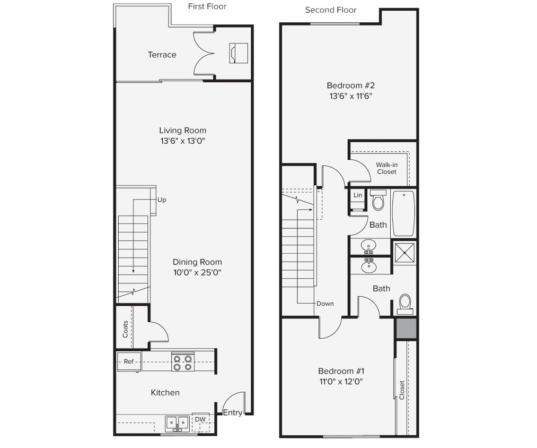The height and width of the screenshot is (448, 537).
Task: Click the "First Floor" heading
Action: pos(207,6)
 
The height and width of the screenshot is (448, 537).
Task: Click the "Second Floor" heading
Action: pos(330,10)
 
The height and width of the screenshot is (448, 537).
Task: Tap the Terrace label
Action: pos(162,55)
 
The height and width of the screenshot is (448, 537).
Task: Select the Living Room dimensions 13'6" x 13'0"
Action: pos(183,141)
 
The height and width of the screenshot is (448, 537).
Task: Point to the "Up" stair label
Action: pos(162,200)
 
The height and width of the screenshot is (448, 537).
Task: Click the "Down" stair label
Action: pos(325,304)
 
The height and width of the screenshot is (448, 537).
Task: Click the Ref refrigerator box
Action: pos(129,361)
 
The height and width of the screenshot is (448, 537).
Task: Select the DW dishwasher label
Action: pos(200,419)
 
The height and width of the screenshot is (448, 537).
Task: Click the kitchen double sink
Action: pos(177,423)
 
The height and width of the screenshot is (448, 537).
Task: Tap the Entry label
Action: pos(232,412)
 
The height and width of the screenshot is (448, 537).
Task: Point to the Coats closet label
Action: pos(125,329)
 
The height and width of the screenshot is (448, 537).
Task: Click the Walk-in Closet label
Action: pos(386,168)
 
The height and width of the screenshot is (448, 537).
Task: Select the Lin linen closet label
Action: pos(358,195)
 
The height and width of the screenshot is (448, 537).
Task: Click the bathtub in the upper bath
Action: pos(403,213)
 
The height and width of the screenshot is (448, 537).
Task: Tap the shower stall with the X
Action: pos(404,252)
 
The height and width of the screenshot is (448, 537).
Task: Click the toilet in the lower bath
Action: pos(405,303)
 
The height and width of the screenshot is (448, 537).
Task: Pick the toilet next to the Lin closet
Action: pos(378,200)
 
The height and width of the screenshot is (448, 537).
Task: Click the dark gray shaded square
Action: pos(406,329)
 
